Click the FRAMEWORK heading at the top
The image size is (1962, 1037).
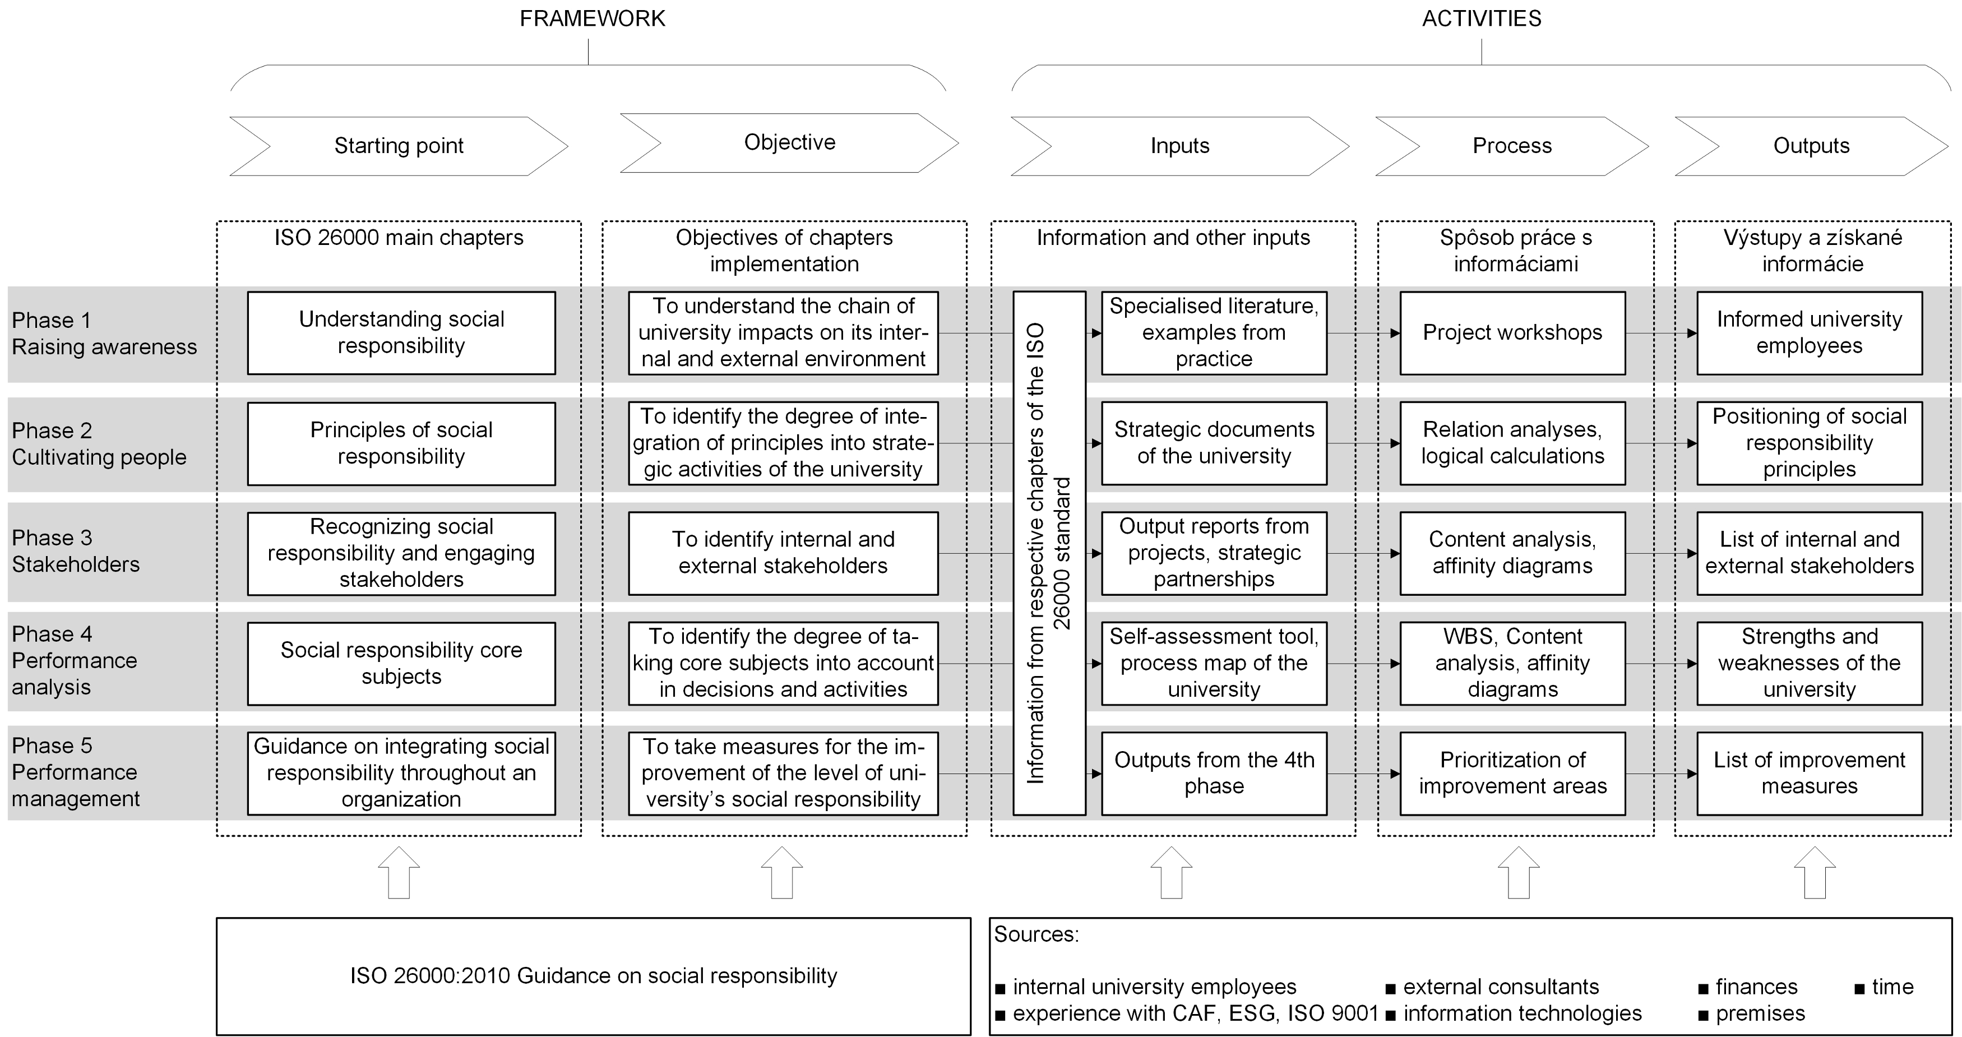592,18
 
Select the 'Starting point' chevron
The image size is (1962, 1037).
399,145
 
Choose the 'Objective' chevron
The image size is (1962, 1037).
789,142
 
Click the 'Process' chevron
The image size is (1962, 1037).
1511,145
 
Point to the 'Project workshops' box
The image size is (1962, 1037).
1512,333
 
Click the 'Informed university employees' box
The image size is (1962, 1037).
1809,333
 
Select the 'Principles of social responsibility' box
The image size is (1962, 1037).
401,443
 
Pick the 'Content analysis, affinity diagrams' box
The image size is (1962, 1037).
1512,553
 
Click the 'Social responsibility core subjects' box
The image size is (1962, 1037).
401,663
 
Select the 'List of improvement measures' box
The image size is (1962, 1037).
1809,773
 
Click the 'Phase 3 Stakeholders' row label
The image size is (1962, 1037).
76,551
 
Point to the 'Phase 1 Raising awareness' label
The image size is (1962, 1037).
104,334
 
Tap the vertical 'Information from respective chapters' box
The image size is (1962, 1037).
1049,553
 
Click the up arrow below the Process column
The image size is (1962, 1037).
1518,873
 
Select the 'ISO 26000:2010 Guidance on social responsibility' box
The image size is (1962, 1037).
593,976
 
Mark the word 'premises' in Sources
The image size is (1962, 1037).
1760,1014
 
